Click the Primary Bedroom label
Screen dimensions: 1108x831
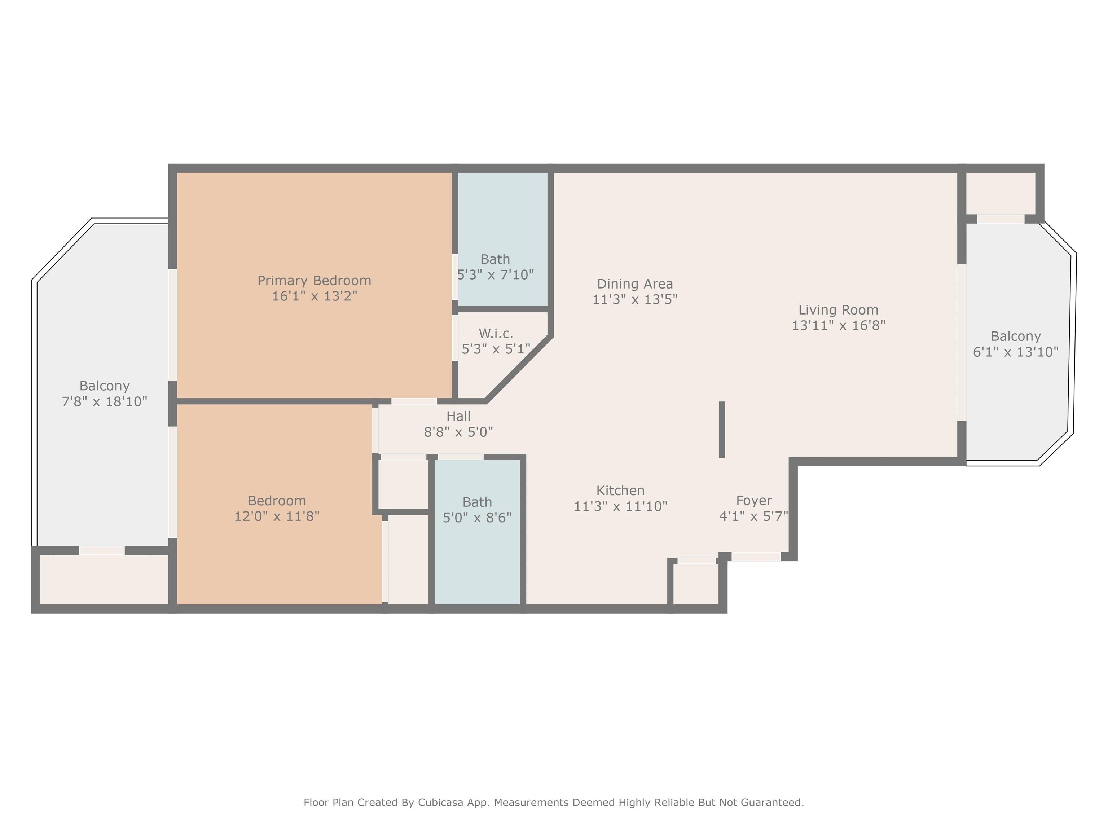314,281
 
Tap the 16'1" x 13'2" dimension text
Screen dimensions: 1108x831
314,296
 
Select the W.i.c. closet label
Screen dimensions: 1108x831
496,334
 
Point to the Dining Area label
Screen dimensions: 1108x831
635,284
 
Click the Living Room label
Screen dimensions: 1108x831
838,310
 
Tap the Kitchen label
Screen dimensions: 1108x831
620,491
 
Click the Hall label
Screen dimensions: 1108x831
458,416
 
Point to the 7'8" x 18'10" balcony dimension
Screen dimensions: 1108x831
104,401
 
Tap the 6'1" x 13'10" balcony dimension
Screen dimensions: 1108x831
1015,352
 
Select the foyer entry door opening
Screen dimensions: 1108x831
756,557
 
